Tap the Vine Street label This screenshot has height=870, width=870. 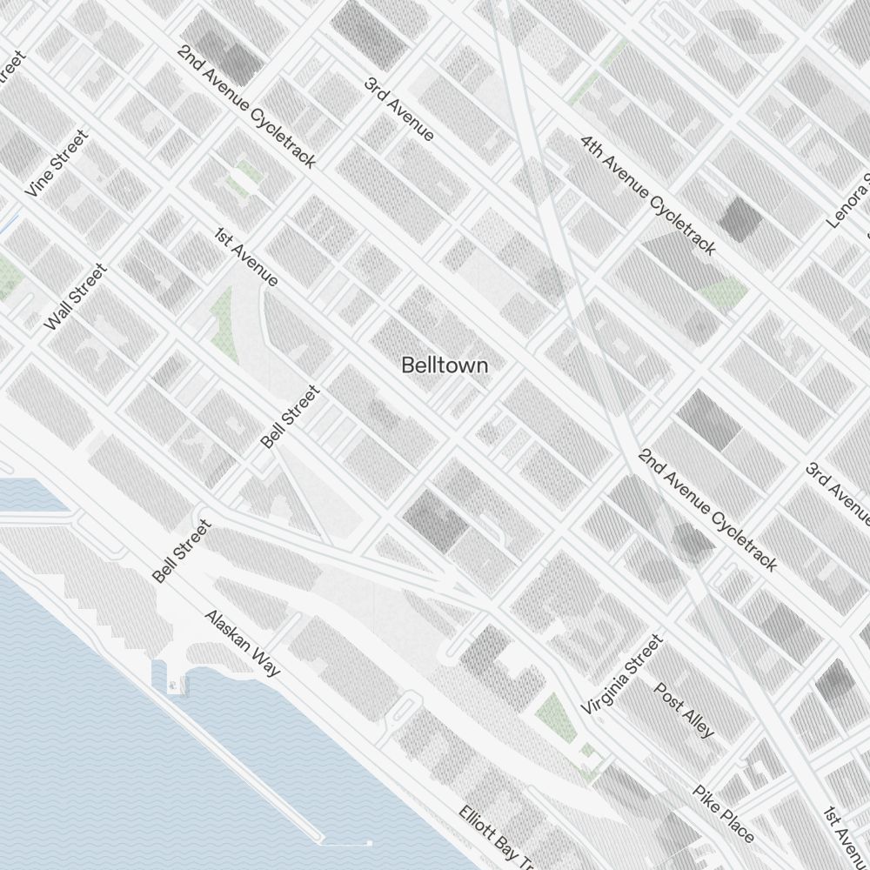point(57,164)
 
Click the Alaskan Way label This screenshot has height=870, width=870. point(243,643)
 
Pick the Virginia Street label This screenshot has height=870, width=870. point(622,675)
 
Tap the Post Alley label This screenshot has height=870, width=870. point(684,710)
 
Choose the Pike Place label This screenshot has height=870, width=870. point(723,814)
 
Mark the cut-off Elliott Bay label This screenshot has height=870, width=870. point(497,840)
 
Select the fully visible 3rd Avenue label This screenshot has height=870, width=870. point(398,109)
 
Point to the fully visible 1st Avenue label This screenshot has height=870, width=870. point(246,258)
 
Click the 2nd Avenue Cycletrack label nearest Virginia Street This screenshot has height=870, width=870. point(707,510)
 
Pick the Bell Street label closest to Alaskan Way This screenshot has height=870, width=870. point(182,551)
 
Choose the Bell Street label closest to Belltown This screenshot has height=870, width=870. point(291,417)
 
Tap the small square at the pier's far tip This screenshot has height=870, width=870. point(369,843)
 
